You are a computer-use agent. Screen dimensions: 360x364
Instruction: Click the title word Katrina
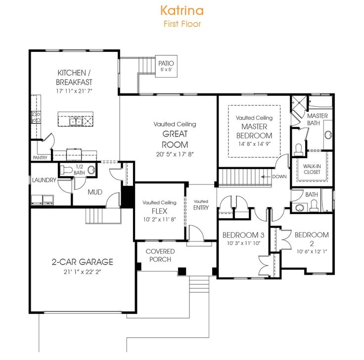pos(182,10)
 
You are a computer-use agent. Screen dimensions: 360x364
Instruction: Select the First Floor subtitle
pos(182,23)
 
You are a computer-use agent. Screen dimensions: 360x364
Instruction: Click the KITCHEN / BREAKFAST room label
pos(74,77)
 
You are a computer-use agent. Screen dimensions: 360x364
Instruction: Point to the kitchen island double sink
pos(76,121)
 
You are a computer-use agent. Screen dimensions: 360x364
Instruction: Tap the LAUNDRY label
pos(44,180)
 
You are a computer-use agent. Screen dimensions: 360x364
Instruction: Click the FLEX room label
pos(159,211)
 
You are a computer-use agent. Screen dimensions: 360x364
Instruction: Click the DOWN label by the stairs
pos(279,176)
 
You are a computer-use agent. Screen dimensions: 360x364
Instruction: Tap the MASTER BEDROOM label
pos(254,132)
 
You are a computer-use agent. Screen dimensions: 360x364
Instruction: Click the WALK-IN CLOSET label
pos(312,169)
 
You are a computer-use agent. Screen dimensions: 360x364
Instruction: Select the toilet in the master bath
pos(298,148)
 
